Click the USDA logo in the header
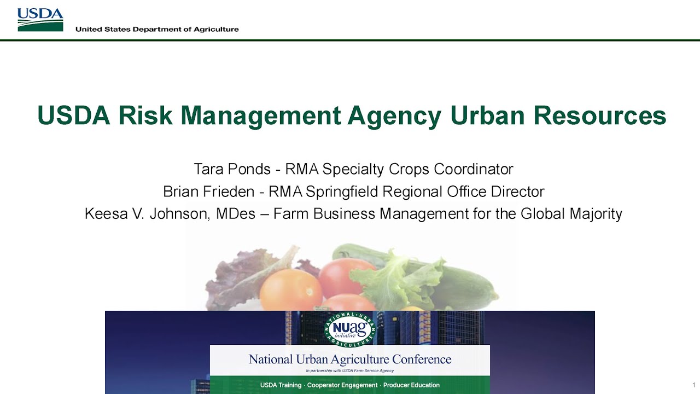click(x=40, y=20)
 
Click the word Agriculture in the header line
click(x=216, y=29)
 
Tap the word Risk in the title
click(x=146, y=115)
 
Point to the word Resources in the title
click(x=600, y=115)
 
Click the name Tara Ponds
click(x=232, y=169)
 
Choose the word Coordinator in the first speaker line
click(x=474, y=169)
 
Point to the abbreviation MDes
click(x=236, y=213)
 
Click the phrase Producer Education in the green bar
click(x=411, y=385)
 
